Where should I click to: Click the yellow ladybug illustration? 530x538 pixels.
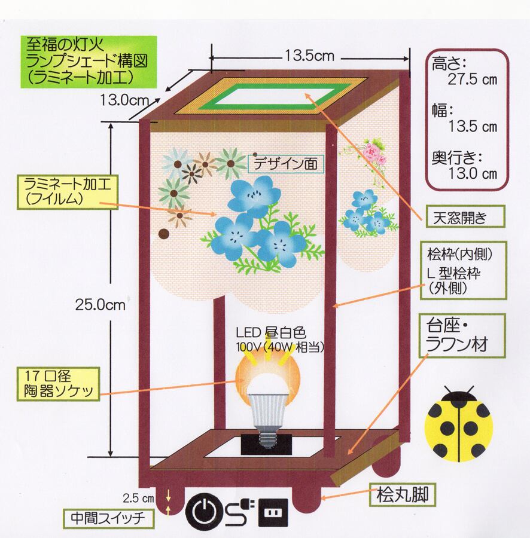tap(459, 424)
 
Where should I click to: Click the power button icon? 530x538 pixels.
tap(206, 511)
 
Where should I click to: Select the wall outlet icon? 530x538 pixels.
tap(273, 512)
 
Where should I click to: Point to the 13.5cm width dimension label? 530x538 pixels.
tap(309, 56)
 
